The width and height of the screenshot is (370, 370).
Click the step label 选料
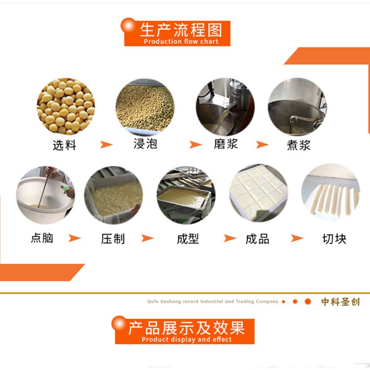(x=65, y=145)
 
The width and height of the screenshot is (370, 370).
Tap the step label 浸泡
(x=146, y=144)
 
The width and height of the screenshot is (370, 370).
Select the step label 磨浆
(x=226, y=144)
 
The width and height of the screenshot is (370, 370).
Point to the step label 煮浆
(x=299, y=145)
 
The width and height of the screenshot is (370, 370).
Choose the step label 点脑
(x=42, y=238)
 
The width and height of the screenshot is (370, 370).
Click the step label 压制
(x=113, y=239)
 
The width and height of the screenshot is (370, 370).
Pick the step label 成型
(x=188, y=239)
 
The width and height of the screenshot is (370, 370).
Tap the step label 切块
(x=334, y=239)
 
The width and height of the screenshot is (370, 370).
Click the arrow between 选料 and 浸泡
(x=106, y=145)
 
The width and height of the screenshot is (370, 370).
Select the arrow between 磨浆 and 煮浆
(x=262, y=145)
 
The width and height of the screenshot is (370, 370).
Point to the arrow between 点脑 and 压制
(x=74, y=238)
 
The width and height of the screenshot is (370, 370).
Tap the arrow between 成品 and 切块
(x=297, y=238)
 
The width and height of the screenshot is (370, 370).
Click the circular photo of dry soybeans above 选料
(x=66, y=107)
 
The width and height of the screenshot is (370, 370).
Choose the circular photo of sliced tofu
(x=331, y=192)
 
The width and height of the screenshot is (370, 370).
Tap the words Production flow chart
(x=181, y=41)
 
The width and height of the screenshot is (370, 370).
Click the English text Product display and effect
(x=186, y=339)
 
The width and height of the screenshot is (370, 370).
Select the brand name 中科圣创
(x=340, y=302)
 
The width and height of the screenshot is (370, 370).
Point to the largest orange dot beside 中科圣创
(x=308, y=301)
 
